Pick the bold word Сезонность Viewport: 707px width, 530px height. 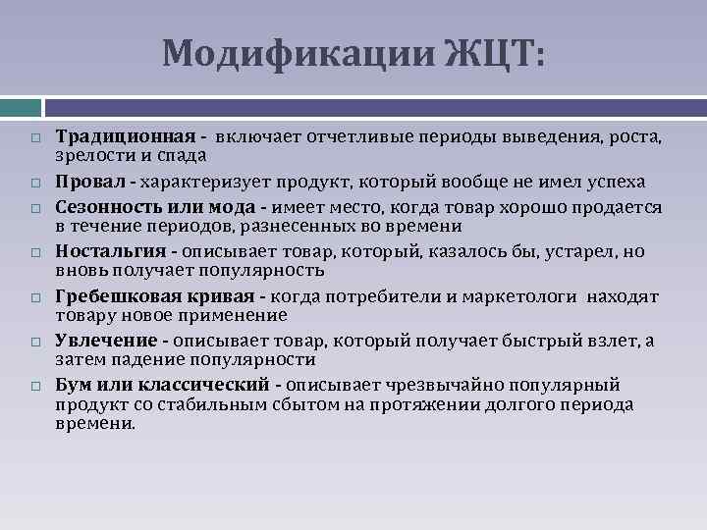click(102, 207)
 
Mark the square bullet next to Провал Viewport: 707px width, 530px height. click(34, 183)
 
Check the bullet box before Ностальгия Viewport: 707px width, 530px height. click(34, 252)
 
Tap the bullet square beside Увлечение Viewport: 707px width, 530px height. click(34, 342)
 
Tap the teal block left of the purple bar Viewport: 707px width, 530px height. click(20, 105)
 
